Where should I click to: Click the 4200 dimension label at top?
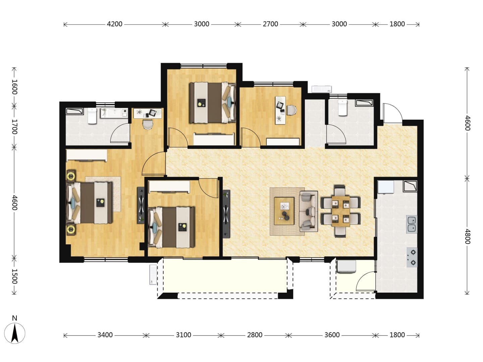point(114,24)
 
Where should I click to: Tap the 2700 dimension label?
point(270,24)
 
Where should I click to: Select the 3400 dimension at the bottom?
point(105,335)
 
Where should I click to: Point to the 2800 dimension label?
point(255,335)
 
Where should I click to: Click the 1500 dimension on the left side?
point(14,276)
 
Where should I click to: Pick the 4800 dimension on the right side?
point(467,237)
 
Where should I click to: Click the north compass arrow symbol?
point(15,333)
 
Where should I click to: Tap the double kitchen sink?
point(412,224)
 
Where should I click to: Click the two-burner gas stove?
point(412,257)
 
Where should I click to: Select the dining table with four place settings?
point(341,211)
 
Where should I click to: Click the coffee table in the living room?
point(284,211)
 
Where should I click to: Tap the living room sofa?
point(308,211)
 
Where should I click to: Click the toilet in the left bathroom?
point(92,116)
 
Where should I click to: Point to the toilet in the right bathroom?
point(342,108)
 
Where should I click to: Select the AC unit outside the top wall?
point(321,89)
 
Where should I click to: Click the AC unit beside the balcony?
point(153,275)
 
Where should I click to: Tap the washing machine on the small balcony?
point(346,266)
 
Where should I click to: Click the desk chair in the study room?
point(291,110)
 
